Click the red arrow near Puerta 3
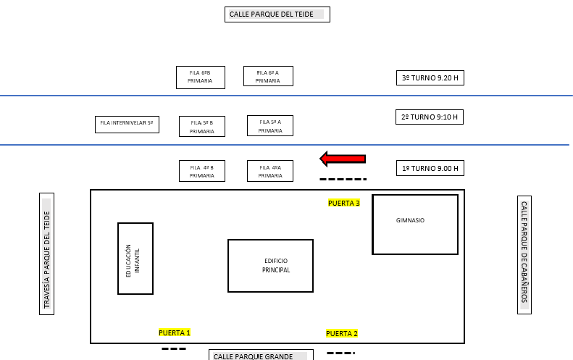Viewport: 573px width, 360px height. (x=343, y=159)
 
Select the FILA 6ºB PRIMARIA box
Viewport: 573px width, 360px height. (x=201, y=78)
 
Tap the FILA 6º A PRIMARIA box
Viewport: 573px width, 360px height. (x=268, y=76)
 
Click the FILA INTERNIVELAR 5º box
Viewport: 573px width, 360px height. (x=127, y=125)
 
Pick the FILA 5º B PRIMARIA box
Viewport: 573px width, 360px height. (x=202, y=127)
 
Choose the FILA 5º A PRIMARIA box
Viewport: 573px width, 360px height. (x=270, y=126)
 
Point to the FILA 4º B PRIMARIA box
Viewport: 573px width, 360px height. (x=202, y=171)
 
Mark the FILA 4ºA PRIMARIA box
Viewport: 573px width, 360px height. (x=270, y=171)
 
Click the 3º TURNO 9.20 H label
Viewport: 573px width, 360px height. (x=430, y=78)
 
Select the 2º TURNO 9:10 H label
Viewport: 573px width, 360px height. (x=430, y=117)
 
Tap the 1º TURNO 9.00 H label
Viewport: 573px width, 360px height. (x=430, y=168)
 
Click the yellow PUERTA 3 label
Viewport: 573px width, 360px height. (x=344, y=204)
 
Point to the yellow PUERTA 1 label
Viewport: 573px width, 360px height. (x=175, y=332)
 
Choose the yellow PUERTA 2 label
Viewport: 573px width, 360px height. (x=342, y=333)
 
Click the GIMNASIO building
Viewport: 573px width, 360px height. (x=415, y=225)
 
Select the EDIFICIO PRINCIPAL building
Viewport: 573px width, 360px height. (x=270, y=266)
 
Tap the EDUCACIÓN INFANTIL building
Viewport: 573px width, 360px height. (x=135, y=259)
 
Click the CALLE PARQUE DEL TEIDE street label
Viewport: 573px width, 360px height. (x=277, y=14)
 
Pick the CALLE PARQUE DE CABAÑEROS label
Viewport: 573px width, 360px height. (x=524, y=255)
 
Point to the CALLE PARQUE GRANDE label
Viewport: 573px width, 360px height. (x=261, y=355)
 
